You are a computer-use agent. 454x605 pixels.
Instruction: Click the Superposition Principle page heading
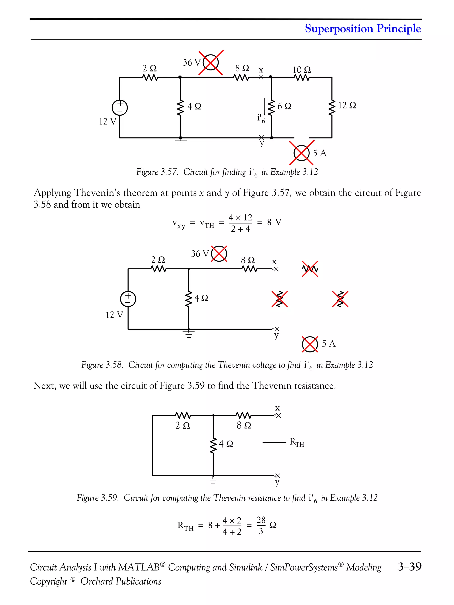pyautogui.click(x=363, y=28)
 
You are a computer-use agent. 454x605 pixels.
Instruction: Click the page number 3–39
pyautogui.click(x=409, y=566)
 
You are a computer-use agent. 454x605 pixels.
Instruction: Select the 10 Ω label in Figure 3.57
pyautogui.click(x=301, y=70)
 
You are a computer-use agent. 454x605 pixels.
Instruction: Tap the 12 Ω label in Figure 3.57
pyautogui.click(x=347, y=105)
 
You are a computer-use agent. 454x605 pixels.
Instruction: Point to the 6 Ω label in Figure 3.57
pyautogui.click(x=284, y=106)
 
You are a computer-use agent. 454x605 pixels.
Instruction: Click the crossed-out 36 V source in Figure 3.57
pyautogui.click(x=210, y=63)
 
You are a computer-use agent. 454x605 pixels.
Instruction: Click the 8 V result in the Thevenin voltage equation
pyautogui.click(x=274, y=222)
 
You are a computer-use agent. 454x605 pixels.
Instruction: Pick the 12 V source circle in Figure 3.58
pyautogui.click(x=128, y=299)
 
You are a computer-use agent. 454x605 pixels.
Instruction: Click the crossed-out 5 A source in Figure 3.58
pyautogui.click(x=310, y=344)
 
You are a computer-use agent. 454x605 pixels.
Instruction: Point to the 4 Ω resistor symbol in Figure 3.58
pyautogui.click(x=189, y=299)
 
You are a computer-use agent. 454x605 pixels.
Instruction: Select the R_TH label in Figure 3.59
pyautogui.click(x=297, y=442)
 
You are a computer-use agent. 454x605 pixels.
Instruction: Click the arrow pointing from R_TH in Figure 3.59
pyautogui.click(x=274, y=442)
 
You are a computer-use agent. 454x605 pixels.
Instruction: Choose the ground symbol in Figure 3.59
pyautogui.click(x=213, y=480)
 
